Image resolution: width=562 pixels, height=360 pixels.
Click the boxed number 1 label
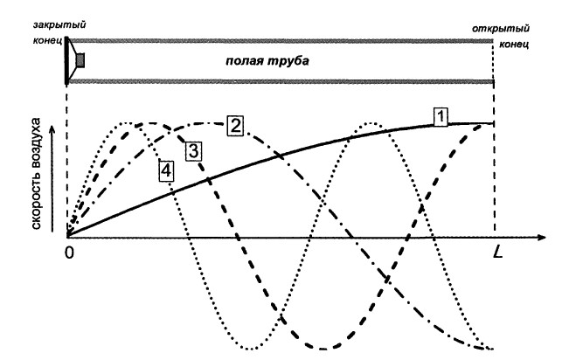[442, 114]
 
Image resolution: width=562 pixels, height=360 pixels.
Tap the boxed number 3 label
[194, 149]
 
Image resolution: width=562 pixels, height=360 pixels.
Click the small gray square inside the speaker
[80, 60]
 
